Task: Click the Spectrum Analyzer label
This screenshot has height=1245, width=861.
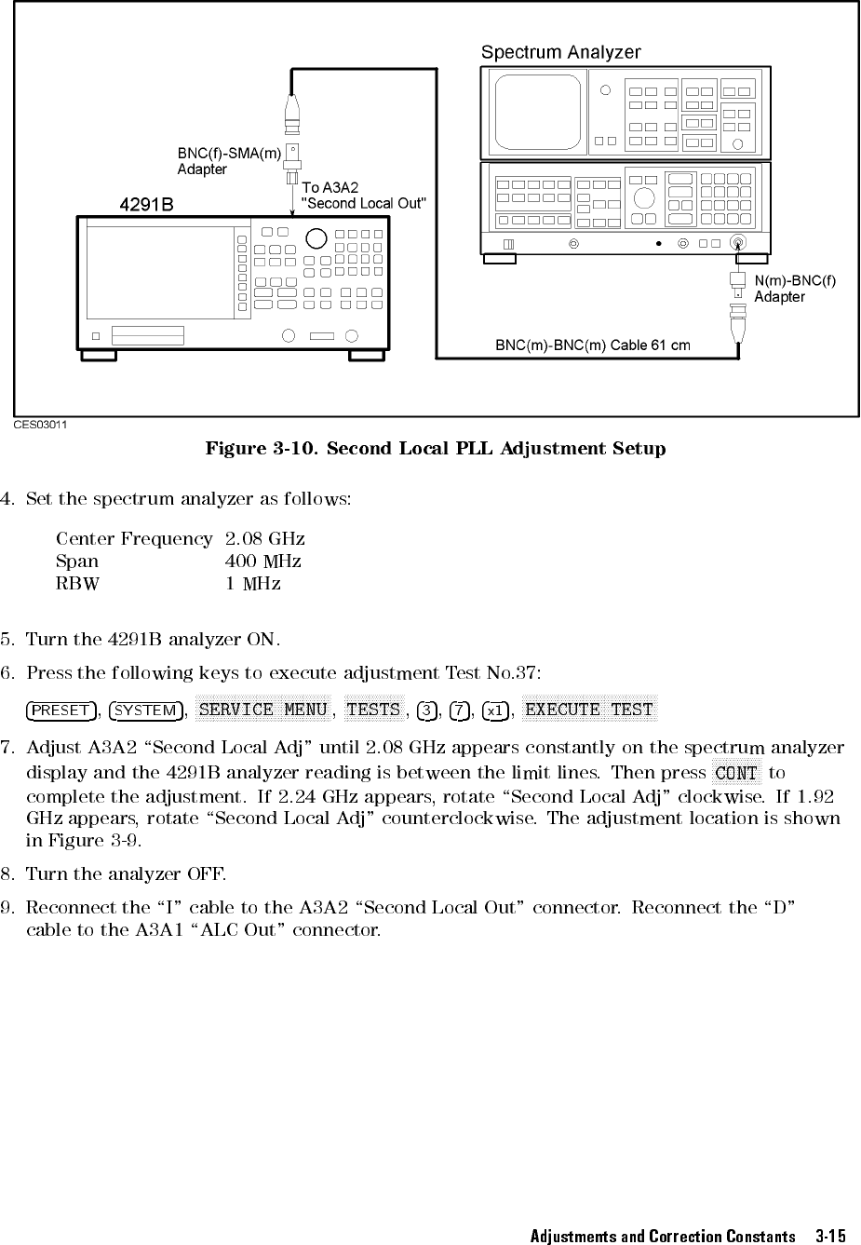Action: pyautogui.click(x=560, y=53)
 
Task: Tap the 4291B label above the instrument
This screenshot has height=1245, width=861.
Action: pyautogui.click(x=147, y=204)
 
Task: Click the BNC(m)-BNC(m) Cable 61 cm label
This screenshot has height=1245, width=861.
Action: pyautogui.click(x=592, y=345)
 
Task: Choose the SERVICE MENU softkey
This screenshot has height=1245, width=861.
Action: pyautogui.click(x=263, y=710)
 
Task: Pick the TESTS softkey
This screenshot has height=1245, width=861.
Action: pyautogui.click(x=373, y=710)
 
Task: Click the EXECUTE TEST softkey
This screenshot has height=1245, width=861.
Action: pyautogui.click(x=589, y=710)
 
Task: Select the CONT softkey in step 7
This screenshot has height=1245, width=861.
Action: pyautogui.click(x=736, y=773)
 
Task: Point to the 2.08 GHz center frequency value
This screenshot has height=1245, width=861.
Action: pyautogui.click(x=264, y=539)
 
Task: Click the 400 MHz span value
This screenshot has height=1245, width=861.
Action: pyautogui.click(x=262, y=562)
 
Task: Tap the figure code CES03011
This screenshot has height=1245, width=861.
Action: pyautogui.click(x=40, y=425)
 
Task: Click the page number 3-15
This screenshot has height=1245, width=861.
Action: pyautogui.click(x=829, y=1236)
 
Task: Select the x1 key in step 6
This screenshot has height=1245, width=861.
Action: pyautogui.click(x=495, y=710)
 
